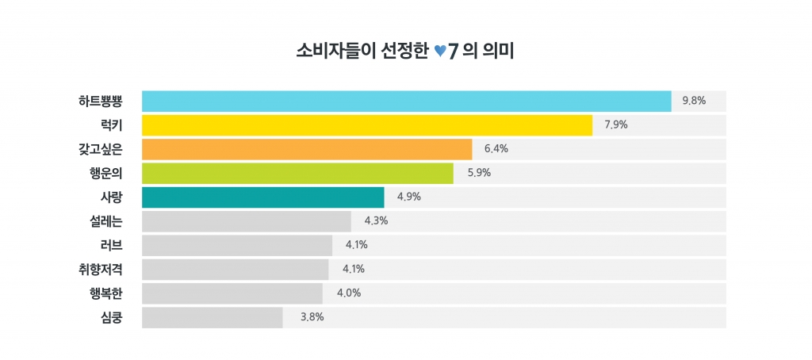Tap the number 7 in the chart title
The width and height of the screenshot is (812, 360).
(454, 52)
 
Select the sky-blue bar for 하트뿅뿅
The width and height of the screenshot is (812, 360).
(406, 101)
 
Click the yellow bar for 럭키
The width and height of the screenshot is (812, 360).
(366, 125)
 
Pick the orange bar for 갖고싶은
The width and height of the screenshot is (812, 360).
(306, 149)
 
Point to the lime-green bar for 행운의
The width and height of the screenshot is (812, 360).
(297, 173)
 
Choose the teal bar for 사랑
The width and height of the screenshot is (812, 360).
(262, 197)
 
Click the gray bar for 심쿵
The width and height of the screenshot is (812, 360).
(212, 317)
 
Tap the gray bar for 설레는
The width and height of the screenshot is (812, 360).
(246, 221)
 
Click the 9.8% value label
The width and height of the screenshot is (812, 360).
(694, 101)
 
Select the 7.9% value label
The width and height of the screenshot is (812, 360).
(616, 125)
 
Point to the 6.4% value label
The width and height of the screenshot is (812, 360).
(496, 149)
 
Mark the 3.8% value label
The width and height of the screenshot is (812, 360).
(312, 317)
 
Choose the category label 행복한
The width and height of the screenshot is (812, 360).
(106, 293)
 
